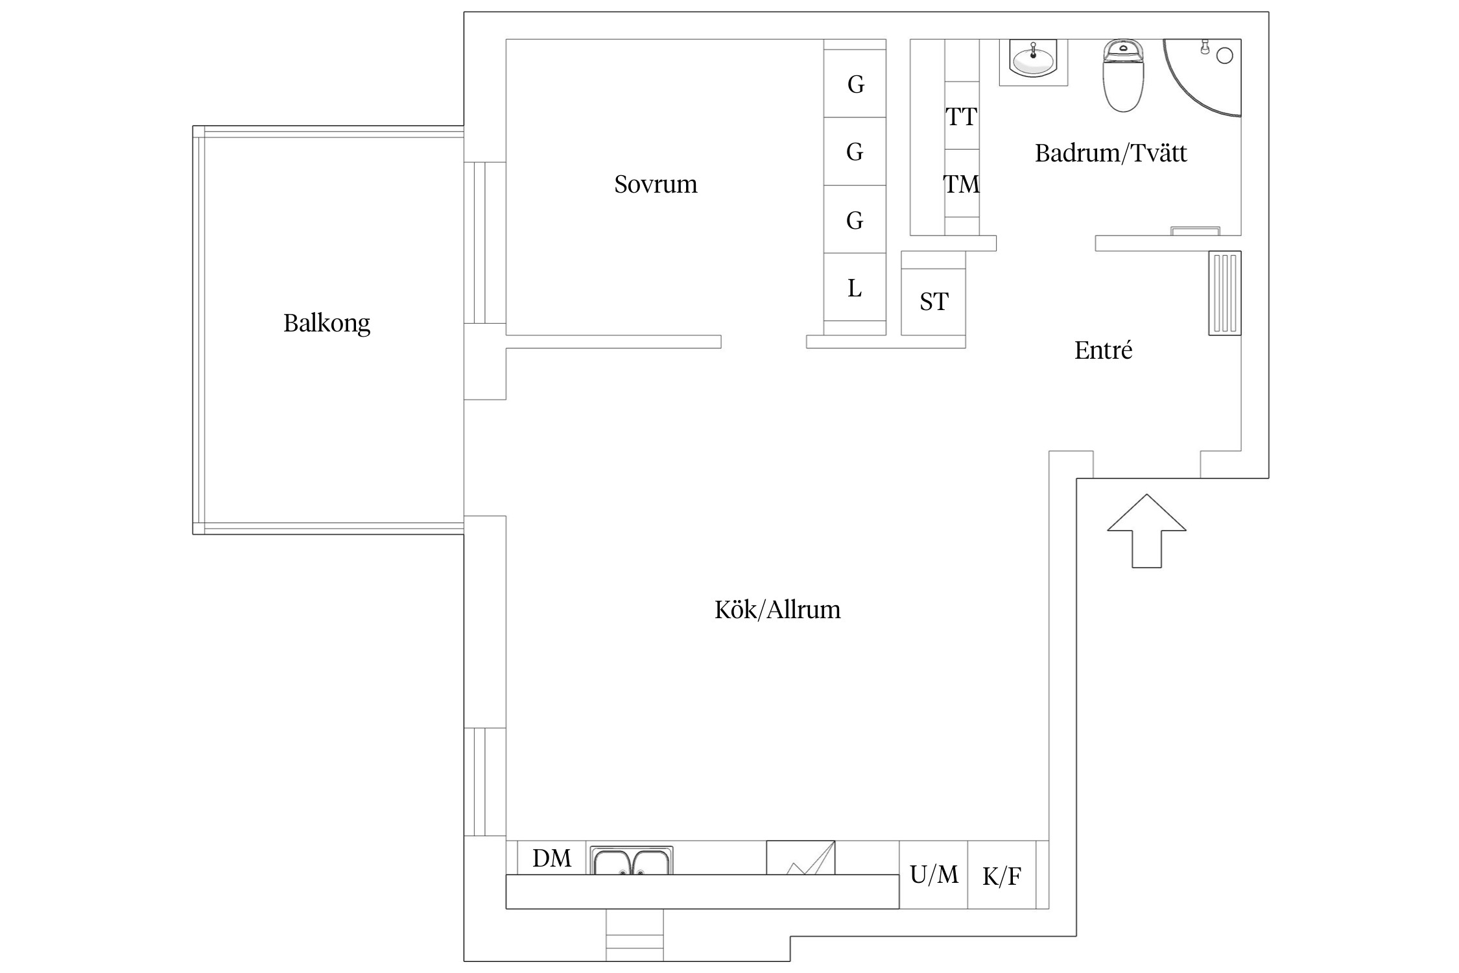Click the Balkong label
pos(327,323)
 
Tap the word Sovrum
pos(656,184)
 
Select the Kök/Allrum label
pos(777,610)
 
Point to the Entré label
pos(1103,350)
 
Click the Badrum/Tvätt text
pos(1111,153)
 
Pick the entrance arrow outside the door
pos(1146,531)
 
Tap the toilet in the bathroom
pos(1123,75)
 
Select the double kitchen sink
pos(632,860)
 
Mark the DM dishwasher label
pos(552,858)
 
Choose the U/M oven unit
pos(934,874)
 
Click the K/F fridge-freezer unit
pos(1002,874)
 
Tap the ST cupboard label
pos(934,302)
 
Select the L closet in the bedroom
pos(855,287)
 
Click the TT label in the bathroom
pos(961,117)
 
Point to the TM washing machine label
pos(961,184)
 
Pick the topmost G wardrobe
pos(855,84)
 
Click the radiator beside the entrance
pos(1225,293)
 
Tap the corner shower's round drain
pos(1225,56)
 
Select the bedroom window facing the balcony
pos(484,243)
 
